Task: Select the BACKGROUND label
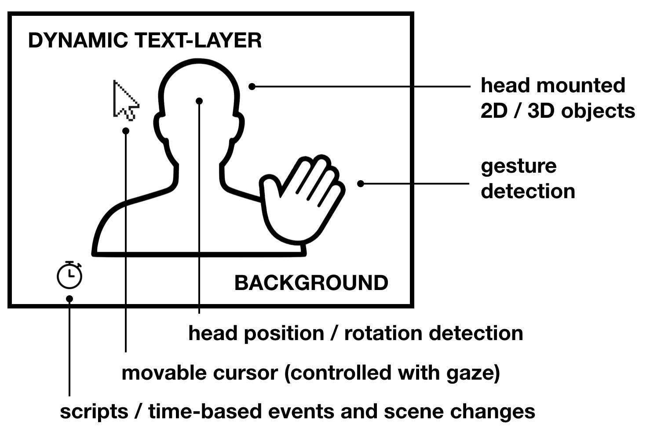click(x=311, y=283)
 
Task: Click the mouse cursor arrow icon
click(x=124, y=101)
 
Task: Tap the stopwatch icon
click(x=69, y=276)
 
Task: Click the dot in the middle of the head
click(x=199, y=101)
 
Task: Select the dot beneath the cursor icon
click(x=126, y=131)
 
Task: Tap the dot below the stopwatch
click(x=69, y=299)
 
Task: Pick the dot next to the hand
click(x=361, y=184)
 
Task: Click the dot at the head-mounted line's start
click(x=252, y=87)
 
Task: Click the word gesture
click(x=519, y=167)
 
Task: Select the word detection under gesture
click(x=528, y=192)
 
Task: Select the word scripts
click(x=94, y=412)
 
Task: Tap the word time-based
click(x=207, y=412)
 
